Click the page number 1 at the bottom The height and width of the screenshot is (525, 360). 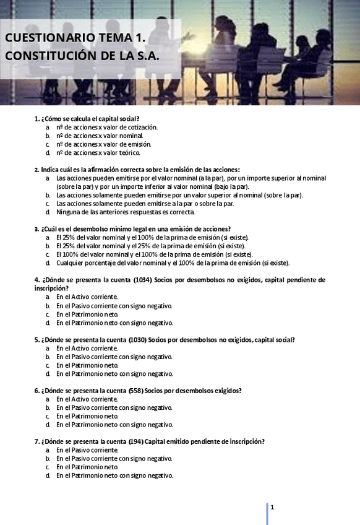(272, 508)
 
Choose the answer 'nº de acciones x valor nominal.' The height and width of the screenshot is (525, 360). (100, 136)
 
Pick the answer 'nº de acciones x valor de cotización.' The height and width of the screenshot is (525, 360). (107, 127)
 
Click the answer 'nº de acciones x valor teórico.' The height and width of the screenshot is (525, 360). (98, 152)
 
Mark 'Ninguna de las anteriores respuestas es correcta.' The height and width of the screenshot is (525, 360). (125, 212)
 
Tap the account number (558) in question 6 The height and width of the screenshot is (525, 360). (136, 391)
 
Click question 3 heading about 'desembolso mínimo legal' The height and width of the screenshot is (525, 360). (132, 228)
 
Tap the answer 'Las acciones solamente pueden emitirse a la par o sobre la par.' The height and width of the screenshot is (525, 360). (145, 203)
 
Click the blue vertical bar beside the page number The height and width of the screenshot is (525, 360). (267, 513)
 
